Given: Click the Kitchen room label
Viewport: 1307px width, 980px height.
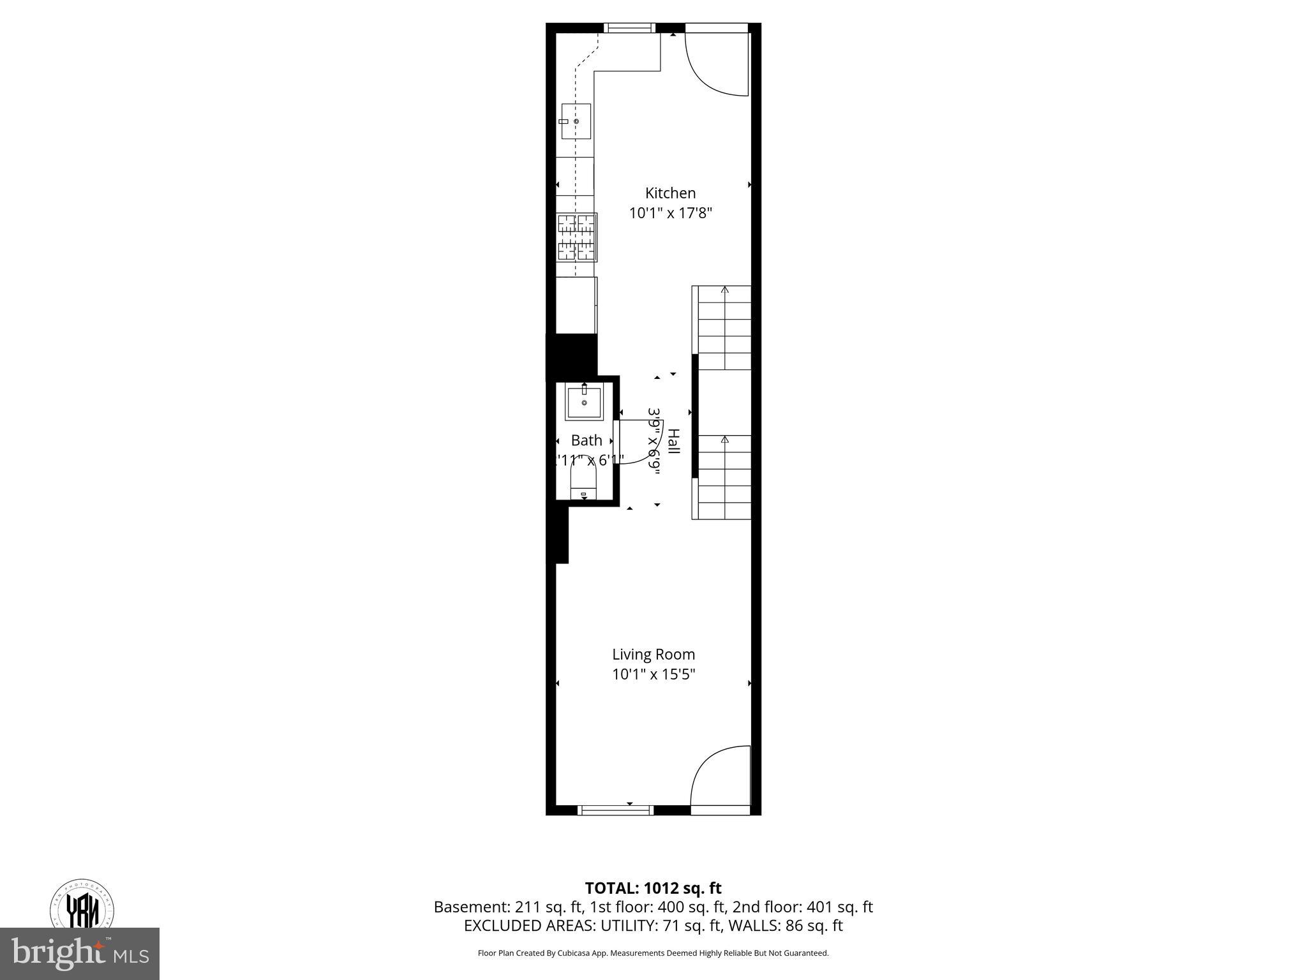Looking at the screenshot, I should click(670, 193).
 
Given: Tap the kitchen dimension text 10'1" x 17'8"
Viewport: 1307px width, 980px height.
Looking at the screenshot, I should click(670, 213).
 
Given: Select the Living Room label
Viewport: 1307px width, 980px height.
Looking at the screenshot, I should click(653, 654).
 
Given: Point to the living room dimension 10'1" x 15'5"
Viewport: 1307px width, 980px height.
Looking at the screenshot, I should click(653, 674).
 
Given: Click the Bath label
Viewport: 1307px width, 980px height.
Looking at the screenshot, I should click(586, 440).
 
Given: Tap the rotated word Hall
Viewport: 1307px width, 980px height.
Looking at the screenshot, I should click(673, 442).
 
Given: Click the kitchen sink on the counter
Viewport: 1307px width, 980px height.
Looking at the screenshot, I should click(576, 121).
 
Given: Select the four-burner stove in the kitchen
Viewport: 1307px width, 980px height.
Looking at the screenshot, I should click(577, 237).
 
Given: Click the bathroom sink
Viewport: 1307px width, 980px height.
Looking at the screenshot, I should click(584, 403).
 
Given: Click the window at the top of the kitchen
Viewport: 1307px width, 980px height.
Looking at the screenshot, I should click(630, 27).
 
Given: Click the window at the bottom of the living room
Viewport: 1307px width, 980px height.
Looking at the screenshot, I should click(616, 810).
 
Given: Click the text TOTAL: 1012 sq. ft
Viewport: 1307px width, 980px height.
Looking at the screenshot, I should click(653, 888).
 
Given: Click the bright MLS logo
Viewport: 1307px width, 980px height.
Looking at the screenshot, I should click(79, 953).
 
